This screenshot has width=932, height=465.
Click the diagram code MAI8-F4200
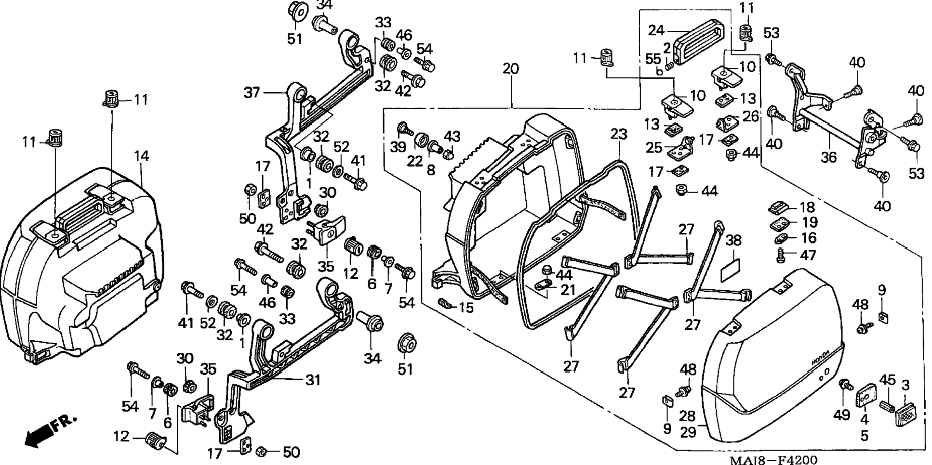pos(773,460)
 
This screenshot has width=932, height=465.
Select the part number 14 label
pos(142,156)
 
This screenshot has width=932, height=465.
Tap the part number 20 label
pos(511,69)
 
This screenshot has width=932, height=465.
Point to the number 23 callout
pos(619,134)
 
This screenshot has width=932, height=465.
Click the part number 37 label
pos(252,92)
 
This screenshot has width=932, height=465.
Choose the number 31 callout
pos(313,380)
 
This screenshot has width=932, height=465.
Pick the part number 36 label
pos(829,157)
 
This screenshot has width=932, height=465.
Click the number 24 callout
pos(656,30)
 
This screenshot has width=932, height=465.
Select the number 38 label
pos(733,240)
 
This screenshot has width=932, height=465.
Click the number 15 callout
pos(466,307)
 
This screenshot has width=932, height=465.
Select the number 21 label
pos(568,290)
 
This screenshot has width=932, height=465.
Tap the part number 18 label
pos(807,207)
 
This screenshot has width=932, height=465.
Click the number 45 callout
pos(888,380)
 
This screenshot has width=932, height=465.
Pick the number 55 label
pos(653,59)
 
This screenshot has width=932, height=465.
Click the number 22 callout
pos(414,161)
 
